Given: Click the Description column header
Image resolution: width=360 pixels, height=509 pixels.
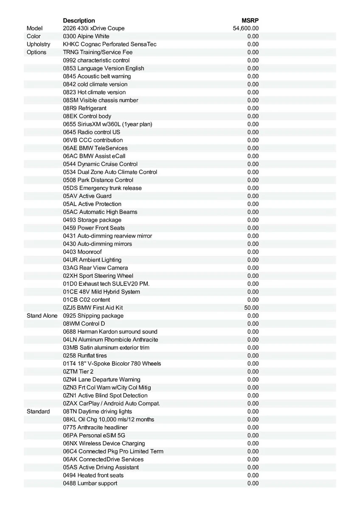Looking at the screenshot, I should [x=79, y=20].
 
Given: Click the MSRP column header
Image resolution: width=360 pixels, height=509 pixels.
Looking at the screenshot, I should [x=250, y=20].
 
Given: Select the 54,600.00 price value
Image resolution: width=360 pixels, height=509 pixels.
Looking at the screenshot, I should [x=246, y=28].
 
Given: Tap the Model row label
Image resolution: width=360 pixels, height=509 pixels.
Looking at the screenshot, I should [x=35, y=28].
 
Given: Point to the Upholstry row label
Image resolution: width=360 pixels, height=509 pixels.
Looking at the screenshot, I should [x=38, y=44].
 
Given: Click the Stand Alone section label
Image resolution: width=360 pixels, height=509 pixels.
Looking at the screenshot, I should [x=42, y=316].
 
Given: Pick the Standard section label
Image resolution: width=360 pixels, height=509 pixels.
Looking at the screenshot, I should [x=38, y=411].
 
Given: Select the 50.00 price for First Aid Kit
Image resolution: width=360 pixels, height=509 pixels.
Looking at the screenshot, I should [x=251, y=308].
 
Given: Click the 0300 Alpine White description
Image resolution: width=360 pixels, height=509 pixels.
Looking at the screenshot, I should [x=86, y=36].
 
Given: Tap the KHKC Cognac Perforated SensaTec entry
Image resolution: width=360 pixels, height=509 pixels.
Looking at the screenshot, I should [x=110, y=44].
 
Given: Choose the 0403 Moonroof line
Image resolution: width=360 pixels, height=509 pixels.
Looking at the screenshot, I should [x=82, y=252].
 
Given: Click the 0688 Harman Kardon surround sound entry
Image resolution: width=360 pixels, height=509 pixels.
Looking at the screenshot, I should [x=110, y=332].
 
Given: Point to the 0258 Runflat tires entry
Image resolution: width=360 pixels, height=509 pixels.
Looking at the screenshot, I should [x=85, y=355].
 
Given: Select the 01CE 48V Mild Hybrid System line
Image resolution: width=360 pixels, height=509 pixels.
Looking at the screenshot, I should [x=101, y=292].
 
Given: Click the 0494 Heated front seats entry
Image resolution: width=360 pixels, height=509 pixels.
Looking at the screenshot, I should [x=93, y=475].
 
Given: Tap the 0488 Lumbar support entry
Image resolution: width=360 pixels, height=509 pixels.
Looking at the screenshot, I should [x=90, y=483].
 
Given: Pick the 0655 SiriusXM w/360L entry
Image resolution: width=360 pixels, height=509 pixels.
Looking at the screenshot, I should [x=107, y=124].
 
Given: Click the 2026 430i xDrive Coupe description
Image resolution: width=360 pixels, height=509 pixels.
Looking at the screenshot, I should [x=94, y=28].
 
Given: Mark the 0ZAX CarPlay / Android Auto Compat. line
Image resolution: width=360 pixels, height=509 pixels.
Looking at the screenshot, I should [x=112, y=403].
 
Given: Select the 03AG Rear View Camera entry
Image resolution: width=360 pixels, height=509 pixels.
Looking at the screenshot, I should [x=96, y=268].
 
